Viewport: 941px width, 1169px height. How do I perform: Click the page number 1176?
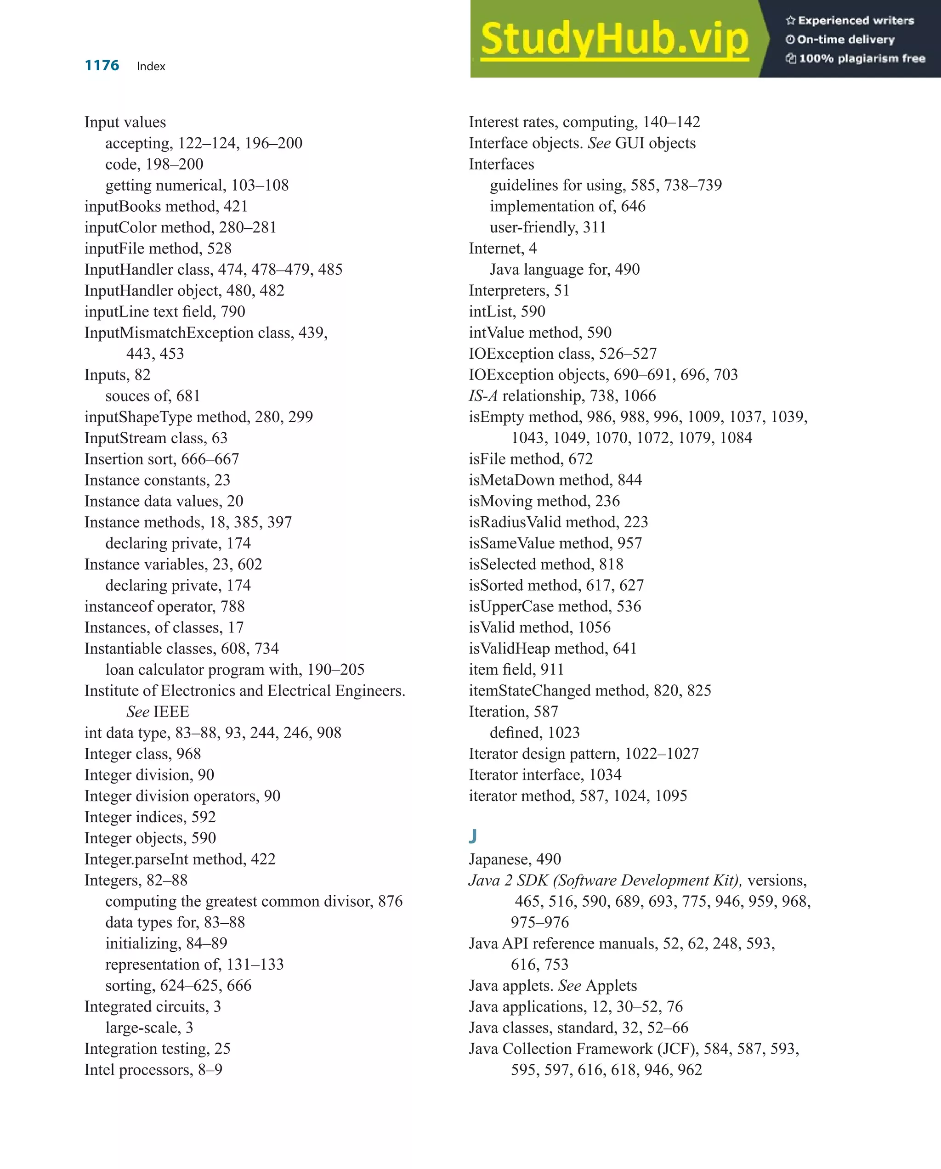tap(102, 66)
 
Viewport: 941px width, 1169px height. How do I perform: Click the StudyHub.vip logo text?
tap(614, 39)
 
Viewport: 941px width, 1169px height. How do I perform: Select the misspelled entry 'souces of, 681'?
tap(153, 396)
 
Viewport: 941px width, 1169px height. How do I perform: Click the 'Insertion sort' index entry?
tap(161, 459)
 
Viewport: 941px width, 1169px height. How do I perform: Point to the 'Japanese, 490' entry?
tap(515, 859)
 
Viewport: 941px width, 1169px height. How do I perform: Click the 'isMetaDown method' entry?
tap(555, 480)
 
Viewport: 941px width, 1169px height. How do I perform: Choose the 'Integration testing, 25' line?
tap(157, 1049)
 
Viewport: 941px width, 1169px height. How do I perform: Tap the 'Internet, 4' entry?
tap(502, 248)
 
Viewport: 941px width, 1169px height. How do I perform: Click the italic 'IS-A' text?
tap(483, 396)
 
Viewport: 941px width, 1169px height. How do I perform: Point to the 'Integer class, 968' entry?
tap(142, 754)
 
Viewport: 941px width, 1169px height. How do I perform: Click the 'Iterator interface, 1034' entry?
tap(544, 775)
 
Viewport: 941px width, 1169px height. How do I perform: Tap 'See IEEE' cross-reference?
tap(157, 712)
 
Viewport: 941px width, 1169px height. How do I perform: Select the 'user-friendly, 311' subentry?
tap(547, 227)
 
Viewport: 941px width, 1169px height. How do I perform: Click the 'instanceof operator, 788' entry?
tap(164, 606)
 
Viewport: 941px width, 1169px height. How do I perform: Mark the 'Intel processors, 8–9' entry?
tap(153, 1070)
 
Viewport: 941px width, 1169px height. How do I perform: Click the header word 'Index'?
tap(151, 66)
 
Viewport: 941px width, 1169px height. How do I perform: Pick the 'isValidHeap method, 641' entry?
tap(552, 649)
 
